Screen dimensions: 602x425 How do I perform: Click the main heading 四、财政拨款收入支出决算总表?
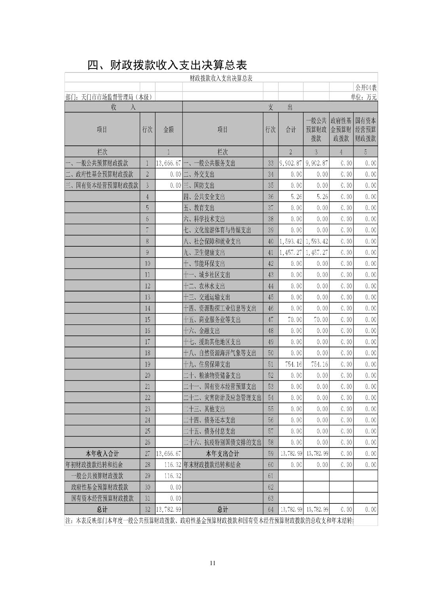(167, 65)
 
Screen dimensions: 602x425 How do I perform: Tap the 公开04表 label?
(366, 87)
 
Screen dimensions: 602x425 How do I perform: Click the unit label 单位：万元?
(364, 97)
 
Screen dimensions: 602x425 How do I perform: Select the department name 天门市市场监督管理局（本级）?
(117, 97)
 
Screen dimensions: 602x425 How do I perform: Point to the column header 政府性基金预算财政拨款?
(341, 130)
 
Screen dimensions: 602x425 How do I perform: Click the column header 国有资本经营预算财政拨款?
(365, 130)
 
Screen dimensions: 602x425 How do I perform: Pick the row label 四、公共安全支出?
(204, 196)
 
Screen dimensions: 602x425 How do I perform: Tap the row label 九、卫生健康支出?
(204, 252)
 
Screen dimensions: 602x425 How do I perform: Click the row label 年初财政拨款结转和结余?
(94, 465)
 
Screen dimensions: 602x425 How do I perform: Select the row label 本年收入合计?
(102, 453)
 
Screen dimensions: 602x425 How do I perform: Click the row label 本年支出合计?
(222, 453)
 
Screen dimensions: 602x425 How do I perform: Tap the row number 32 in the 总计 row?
(147, 509)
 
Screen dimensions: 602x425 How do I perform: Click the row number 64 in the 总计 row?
(271, 509)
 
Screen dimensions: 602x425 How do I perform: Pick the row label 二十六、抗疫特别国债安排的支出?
(222, 442)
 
